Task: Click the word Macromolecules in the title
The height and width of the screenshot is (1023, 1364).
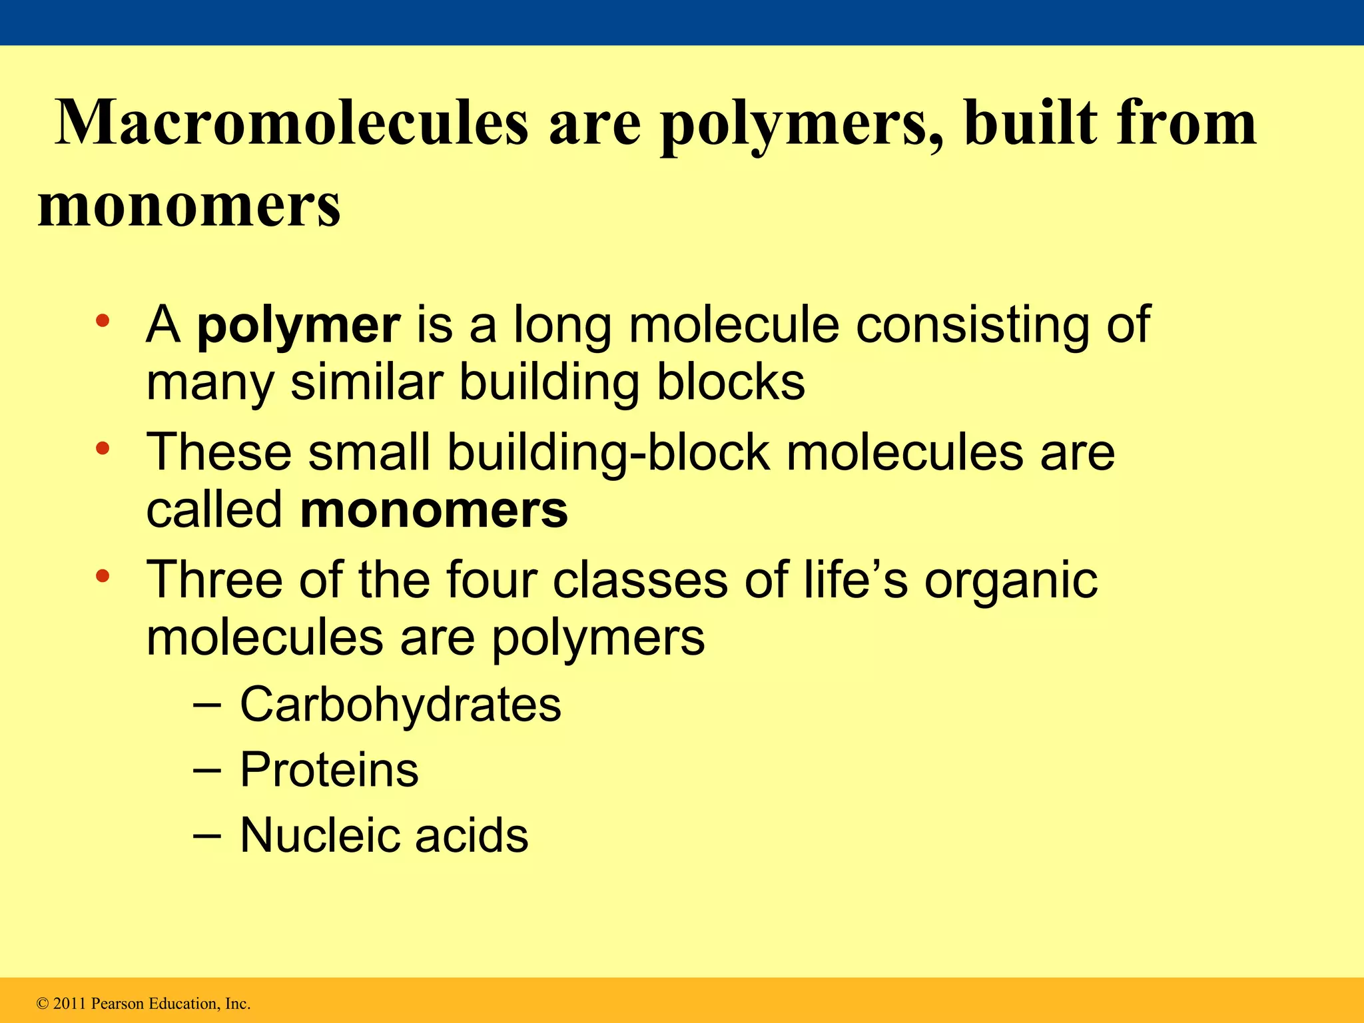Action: click(x=292, y=123)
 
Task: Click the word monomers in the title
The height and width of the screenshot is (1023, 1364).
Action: click(x=189, y=204)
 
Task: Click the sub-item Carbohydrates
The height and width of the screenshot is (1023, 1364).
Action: click(x=400, y=705)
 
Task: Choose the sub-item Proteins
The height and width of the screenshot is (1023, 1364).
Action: click(x=329, y=770)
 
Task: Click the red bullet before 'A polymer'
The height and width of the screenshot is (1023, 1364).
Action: click(x=102, y=320)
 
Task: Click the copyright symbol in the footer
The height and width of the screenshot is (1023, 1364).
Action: click(x=43, y=1004)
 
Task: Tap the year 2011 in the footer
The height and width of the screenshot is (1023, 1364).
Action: click(x=69, y=1004)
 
